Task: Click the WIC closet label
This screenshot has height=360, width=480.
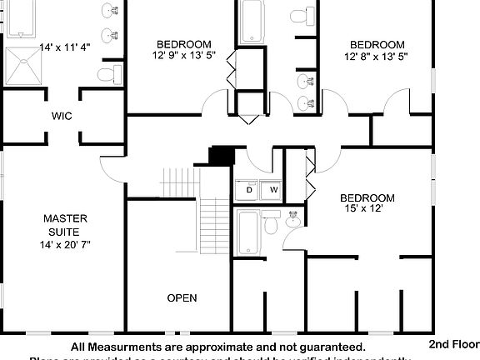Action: click(62, 117)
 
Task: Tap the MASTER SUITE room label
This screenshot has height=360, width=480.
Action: click(64, 225)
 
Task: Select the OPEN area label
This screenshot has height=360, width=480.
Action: click(182, 297)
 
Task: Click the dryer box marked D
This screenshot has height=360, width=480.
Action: click(248, 191)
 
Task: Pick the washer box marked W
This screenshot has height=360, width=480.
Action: click(272, 191)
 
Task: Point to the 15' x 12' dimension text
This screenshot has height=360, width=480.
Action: click(367, 210)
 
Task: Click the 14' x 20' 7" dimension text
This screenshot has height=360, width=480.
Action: click(64, 245)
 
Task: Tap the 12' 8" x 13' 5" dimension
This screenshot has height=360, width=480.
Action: click(377, 57)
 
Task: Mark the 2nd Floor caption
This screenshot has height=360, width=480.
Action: click(454, 343)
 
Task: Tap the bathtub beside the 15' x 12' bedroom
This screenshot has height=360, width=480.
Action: click(247, 232)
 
